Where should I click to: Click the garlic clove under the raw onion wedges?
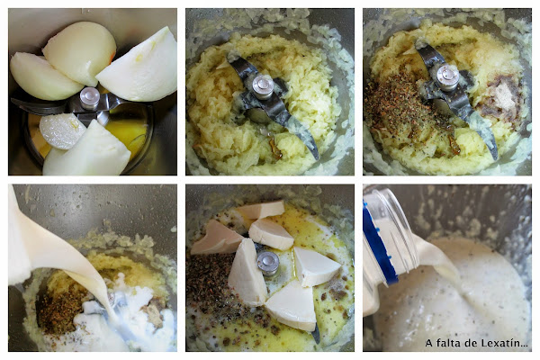point(62,130)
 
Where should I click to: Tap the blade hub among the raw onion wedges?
point(89,98)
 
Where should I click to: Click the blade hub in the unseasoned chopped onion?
point(263,87)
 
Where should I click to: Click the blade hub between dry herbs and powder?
point(447,78)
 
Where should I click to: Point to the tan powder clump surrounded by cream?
point(153,314)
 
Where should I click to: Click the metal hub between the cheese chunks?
point(268,264)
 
